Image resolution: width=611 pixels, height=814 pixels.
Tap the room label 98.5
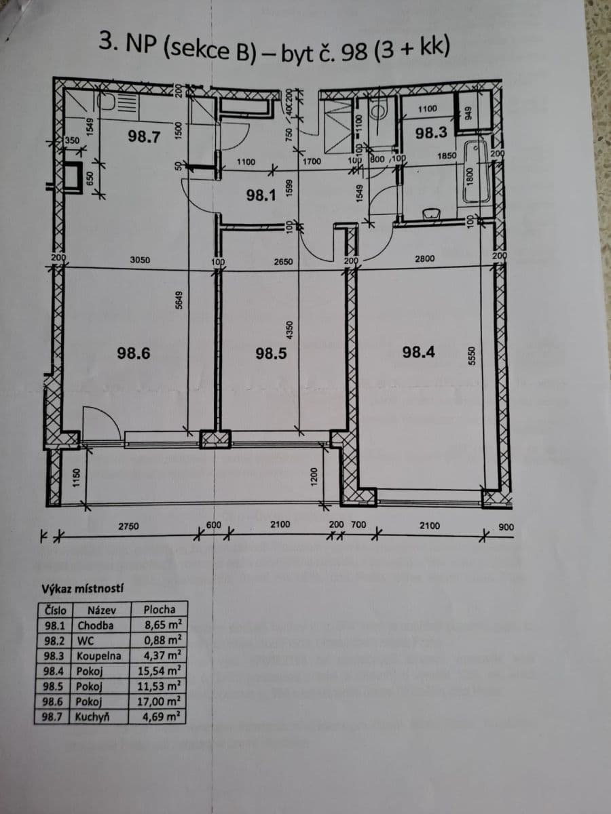tap(271, 353)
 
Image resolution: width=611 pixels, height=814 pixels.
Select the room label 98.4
tap(419, 351)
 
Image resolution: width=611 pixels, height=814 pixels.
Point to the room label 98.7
tap(144, 136)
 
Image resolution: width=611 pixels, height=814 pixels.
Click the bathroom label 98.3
tap(431, 132)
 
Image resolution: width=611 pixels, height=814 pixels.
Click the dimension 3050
tap(140, 260)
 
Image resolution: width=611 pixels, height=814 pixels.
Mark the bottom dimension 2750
tap(129, 526)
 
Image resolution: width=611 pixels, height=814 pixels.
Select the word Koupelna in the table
tap(99, 656)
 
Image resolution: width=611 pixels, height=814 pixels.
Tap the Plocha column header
tap(160, 609)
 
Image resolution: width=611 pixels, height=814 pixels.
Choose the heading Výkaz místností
tap(77, 587)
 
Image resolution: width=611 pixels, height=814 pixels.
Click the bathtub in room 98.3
tap(477, 171)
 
